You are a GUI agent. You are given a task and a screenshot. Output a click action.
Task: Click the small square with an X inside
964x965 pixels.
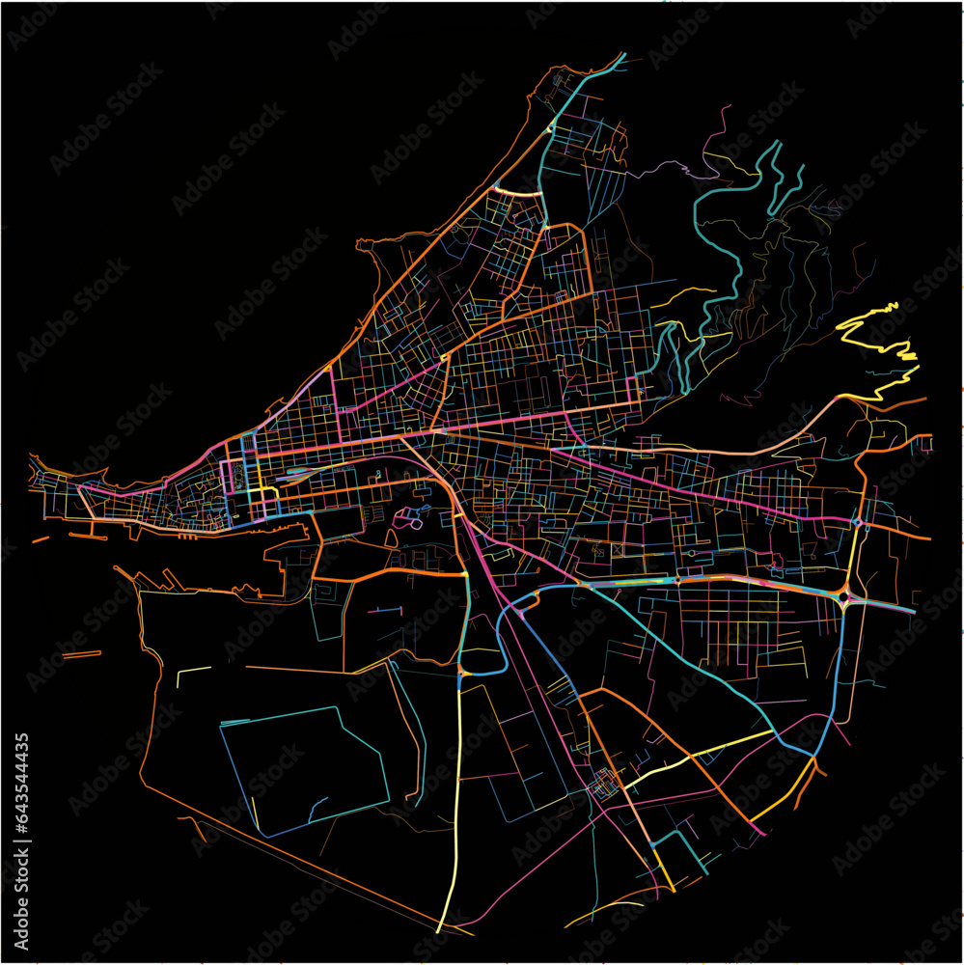617,551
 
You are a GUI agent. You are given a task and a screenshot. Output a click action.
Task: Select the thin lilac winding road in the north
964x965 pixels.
666,168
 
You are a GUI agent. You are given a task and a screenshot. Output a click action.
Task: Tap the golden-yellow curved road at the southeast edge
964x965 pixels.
782,801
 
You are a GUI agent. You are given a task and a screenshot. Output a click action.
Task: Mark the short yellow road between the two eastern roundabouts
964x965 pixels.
854,560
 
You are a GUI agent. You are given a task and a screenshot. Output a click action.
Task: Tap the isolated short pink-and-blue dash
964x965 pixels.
384,610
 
